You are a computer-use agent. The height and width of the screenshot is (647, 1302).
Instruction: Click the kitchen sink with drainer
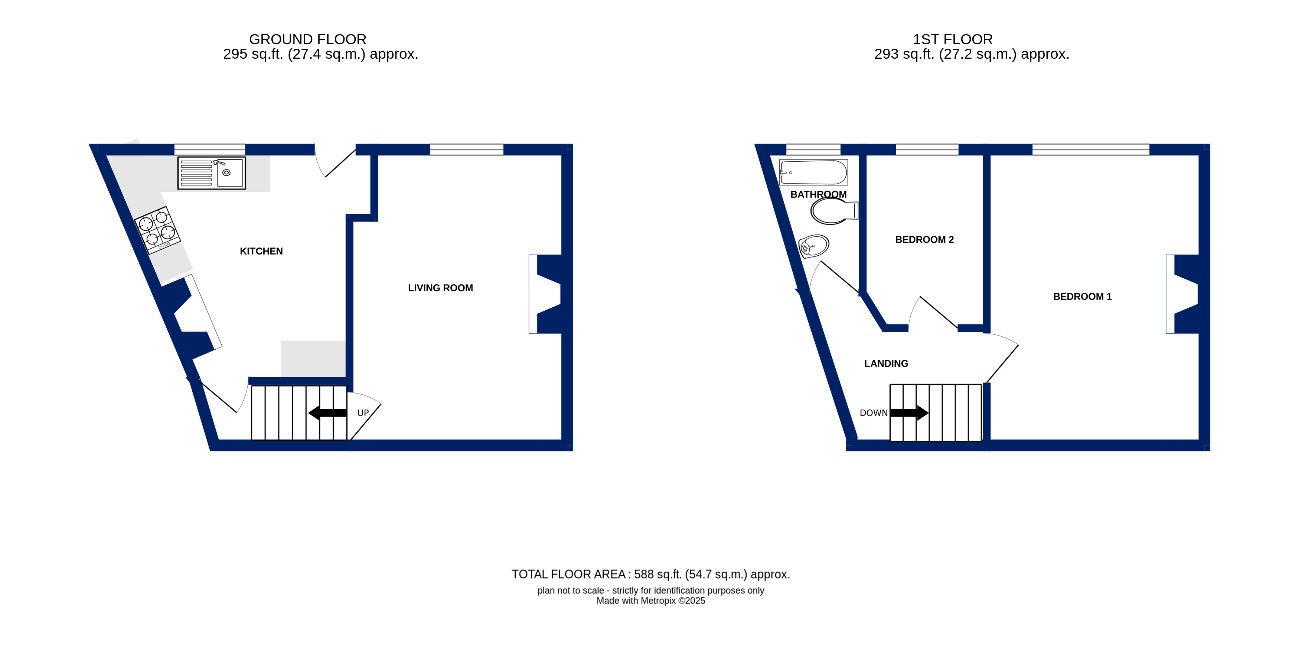(211, 173)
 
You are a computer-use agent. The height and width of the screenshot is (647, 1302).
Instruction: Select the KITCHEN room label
(261, 252)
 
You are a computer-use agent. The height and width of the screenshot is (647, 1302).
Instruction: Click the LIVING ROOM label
(440, 288)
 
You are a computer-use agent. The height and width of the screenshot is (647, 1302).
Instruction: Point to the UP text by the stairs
(363, 413)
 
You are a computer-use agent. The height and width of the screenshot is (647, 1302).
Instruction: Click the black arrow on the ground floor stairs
(327, 413)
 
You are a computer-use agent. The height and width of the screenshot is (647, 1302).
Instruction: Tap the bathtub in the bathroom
(813, 172)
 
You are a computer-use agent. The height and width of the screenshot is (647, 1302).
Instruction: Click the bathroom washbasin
(813, 246)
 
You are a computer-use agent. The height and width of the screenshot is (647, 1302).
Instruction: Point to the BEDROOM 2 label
(924, 240)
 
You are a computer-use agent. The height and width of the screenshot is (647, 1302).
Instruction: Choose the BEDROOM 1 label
(1082, 297)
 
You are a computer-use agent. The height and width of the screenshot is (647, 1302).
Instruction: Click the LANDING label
(886, 364)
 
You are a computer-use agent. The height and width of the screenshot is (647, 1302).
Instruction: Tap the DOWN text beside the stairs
(874, 413)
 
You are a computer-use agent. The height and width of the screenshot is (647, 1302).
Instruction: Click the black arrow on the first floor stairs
(909, 413)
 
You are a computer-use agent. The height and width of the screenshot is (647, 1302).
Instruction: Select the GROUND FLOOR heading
(307, 39)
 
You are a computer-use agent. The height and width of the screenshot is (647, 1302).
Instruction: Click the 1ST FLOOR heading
(952, 39)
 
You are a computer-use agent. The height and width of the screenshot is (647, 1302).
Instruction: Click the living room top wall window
(467, 149)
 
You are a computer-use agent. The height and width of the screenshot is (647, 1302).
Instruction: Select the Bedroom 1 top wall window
(1091, 149)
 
